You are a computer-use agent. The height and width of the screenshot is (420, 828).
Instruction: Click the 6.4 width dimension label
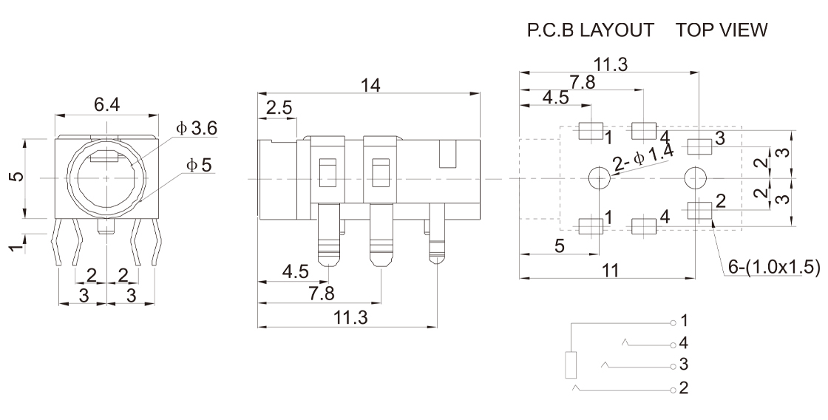(x=106, y=105)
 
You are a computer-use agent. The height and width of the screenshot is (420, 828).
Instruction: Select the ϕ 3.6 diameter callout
(x=196, y=129)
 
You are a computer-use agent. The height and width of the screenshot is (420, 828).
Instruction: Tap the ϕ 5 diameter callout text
(x=198, y=165)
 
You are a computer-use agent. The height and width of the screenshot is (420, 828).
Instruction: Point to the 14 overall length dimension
(x=369, y=85)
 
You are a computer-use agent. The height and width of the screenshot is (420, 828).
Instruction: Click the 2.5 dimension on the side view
(x=279, y=108)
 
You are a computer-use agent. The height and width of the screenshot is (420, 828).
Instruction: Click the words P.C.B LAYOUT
(x=590, y=30)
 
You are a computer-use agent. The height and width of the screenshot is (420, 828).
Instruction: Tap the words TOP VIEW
(x=722, y=30)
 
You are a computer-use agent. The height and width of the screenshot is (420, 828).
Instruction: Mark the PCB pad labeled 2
(x=699, y=211)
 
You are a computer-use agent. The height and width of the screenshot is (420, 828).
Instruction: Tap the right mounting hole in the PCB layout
(x=695, y=177)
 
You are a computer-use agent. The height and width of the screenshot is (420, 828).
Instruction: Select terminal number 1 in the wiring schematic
(x=673, y=322)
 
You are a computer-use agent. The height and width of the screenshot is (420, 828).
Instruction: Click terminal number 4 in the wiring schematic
(x=673, y=344)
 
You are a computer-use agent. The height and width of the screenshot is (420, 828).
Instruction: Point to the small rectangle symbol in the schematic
(x=571, y=365)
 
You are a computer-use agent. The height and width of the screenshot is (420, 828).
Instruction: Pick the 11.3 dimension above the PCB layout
(x=610, y=65)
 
